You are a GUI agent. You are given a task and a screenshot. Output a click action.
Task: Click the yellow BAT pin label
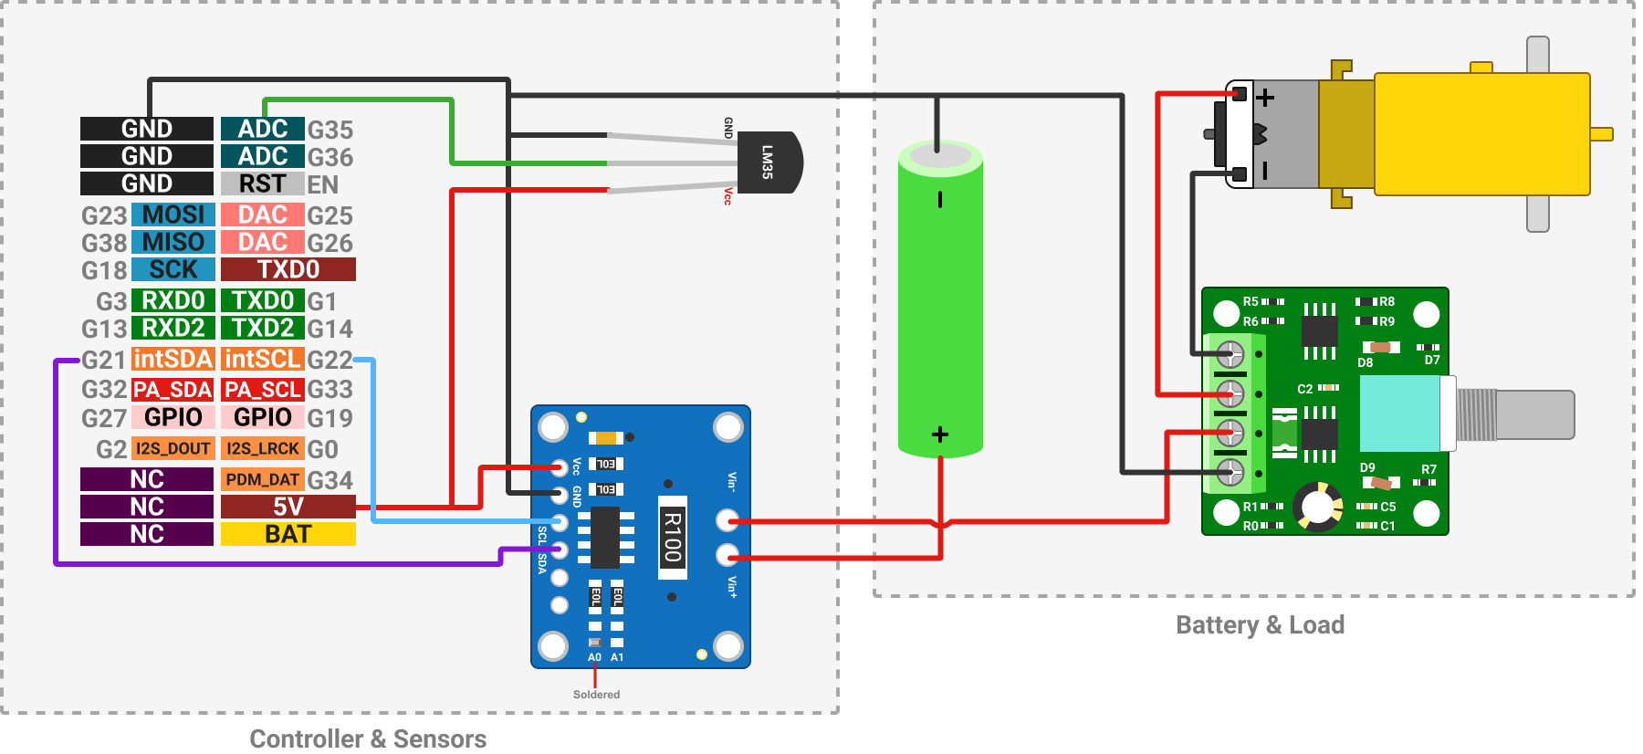click(288, 534)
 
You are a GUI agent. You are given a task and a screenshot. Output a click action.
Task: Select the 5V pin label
click(288, 507)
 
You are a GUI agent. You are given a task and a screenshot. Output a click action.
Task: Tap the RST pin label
click(262, 183)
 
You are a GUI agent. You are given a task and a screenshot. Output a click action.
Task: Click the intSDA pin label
click(173, 359)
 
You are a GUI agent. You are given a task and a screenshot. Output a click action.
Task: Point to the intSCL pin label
click(262, 359)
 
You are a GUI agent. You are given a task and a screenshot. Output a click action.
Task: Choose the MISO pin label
click(173, 242)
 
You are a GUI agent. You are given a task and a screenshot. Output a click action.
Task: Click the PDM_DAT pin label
click(262, 479)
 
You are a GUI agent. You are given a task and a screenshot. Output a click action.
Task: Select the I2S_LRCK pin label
click(262, 448)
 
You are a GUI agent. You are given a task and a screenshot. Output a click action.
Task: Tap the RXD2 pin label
click(173, 328)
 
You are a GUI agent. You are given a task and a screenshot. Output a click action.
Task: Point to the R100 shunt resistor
click(673, 538)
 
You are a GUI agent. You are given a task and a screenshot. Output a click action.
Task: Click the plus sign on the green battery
click(940, 435)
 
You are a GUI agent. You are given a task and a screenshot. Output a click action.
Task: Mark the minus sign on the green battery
click(940, 200)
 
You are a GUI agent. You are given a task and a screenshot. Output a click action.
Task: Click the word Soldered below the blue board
click(596, 695)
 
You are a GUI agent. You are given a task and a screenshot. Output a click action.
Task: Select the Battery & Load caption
click(1260, 625)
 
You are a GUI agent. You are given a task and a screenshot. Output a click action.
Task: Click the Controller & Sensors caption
click(368, 738)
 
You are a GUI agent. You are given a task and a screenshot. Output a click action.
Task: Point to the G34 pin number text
click(330, 480)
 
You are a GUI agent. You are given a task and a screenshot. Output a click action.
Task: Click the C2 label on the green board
click(1304, 389)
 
